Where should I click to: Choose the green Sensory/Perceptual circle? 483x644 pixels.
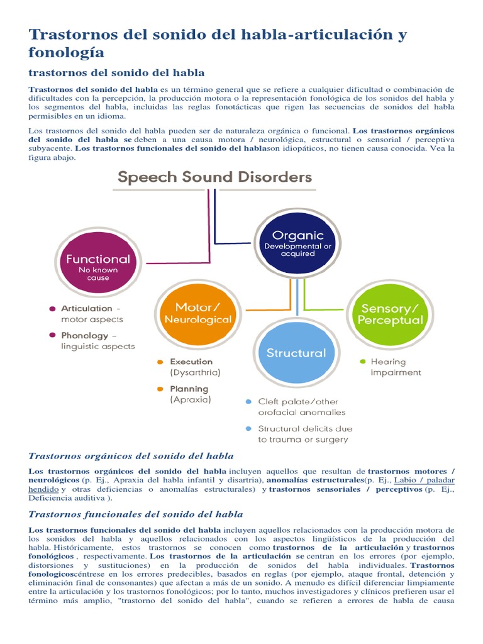coord(390,314)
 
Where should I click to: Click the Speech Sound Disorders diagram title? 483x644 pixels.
coord(215,177)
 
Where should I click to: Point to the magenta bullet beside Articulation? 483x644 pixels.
coord(52,309)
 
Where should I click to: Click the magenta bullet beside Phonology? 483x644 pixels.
coord(52,336)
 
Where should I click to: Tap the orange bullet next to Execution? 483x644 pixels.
coord(160,362)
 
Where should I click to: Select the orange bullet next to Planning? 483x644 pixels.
coord(160,389)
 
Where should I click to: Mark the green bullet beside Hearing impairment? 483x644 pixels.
coord(362,362)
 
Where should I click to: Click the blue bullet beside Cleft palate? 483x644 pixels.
coord(249,401)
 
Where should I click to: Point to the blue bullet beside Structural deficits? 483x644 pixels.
coord(249,428)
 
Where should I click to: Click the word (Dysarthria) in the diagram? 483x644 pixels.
coord(196,372)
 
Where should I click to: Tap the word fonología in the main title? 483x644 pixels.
coord(67,52)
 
